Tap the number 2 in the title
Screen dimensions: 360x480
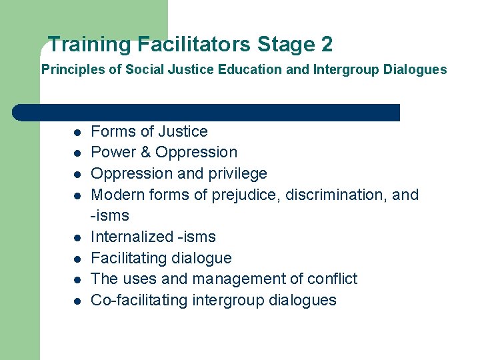(x=326, y=45)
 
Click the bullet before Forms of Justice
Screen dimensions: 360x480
(x=77, y=132)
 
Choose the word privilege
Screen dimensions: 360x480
(x=238, y=174)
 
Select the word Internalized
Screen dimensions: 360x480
(x=131, y=237)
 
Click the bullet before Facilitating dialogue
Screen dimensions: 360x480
(x=77, y=259)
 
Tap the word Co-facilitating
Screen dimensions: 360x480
(x=139, y=300)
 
